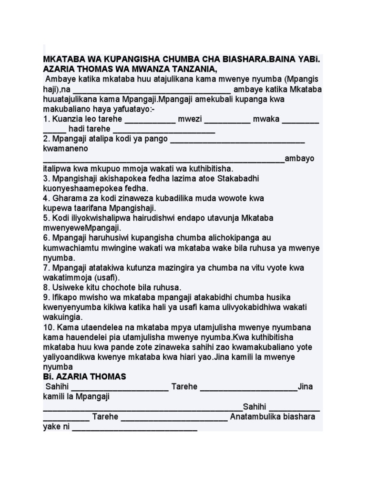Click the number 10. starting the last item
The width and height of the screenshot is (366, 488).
point(49,327)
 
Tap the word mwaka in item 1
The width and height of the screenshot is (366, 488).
point(266,119)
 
